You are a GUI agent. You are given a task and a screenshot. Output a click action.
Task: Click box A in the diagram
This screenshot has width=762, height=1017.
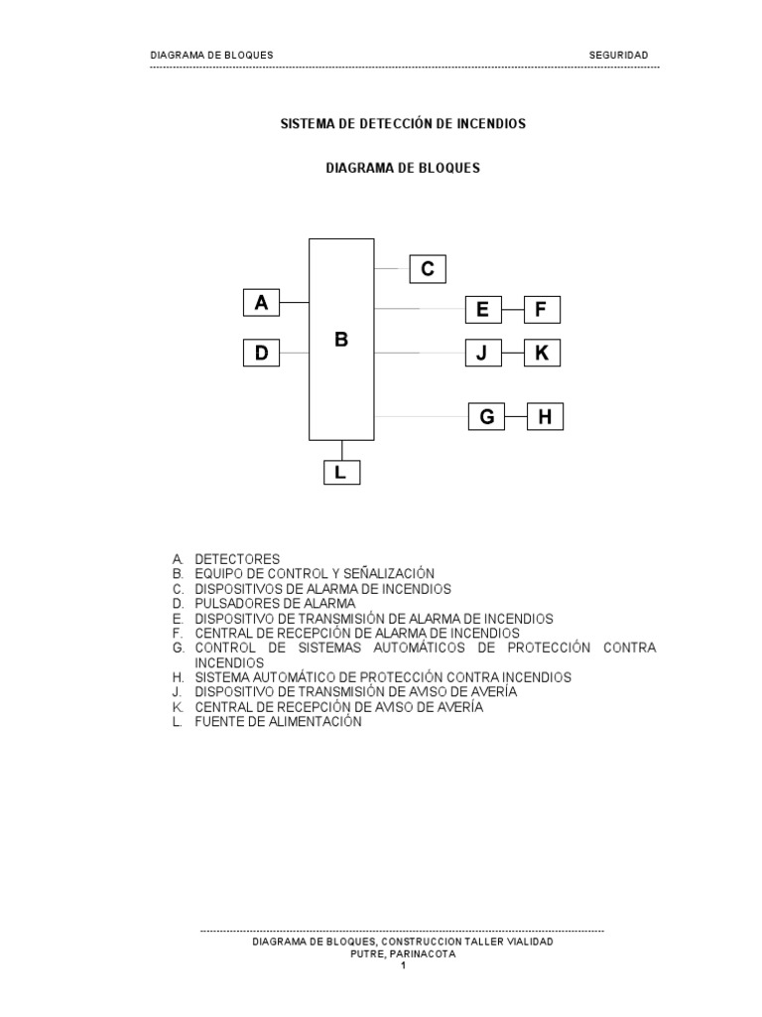coord(262,303)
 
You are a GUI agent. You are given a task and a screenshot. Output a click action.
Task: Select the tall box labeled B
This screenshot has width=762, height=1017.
coord(341,339)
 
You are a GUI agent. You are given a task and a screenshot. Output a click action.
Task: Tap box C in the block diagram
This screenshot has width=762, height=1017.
coord(428,269)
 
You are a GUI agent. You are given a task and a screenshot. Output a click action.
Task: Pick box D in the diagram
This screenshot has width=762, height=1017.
coord(262,352)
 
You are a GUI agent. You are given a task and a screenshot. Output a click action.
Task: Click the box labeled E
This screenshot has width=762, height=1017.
coord(482,310)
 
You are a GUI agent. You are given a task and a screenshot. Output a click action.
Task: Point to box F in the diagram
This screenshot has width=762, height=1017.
coord(541,310)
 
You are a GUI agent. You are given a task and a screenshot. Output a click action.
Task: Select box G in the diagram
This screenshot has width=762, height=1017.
coord(487,417)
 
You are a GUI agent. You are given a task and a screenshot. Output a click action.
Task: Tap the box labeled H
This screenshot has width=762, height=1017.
coord(545,417)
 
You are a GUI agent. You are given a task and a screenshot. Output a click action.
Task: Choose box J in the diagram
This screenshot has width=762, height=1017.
coord(482,353)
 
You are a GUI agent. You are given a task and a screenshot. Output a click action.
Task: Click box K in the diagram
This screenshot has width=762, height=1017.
coord(542,353)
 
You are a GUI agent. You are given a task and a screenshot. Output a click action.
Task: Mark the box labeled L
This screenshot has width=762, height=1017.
coord(341,474)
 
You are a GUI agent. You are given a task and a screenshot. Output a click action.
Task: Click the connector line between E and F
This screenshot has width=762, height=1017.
coord(512,310)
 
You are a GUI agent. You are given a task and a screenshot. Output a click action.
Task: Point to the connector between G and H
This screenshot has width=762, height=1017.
coord(516,417)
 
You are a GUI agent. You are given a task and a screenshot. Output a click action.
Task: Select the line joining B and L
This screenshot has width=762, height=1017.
coord(341,450)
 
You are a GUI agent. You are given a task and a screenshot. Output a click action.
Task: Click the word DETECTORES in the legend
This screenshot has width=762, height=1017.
coord(237,559)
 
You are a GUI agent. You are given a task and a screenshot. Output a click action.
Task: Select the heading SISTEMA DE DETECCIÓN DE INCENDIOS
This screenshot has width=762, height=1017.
coord(402,124)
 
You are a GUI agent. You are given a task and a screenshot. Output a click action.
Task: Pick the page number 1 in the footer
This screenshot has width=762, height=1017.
coord(404,964)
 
